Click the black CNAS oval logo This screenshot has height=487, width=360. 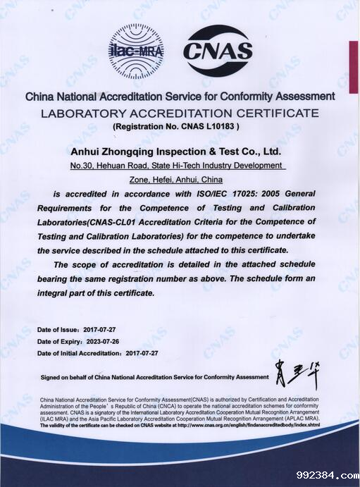[218, 50]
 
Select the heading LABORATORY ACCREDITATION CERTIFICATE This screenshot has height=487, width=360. [180, 113]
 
